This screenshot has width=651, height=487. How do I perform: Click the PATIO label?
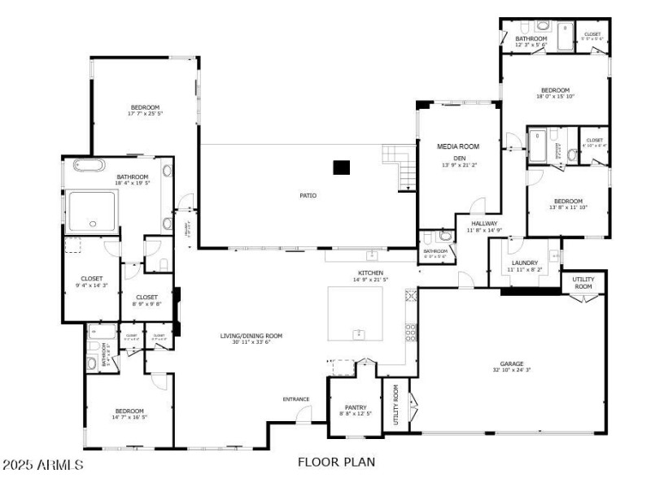click(x=308, y=195)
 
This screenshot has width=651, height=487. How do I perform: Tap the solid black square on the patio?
click(x=342, y=167)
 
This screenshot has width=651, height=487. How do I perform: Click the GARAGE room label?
click(x=512, y=363)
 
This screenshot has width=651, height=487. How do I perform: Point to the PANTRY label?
click(x=356, y=407)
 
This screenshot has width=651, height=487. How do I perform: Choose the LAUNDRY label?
click(x=524, y=263)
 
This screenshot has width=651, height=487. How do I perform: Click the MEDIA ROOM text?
click(x=458, y=146)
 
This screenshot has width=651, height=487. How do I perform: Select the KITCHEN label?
click(x=370, y=272)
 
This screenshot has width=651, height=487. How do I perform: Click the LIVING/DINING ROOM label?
click(x=251, y=336)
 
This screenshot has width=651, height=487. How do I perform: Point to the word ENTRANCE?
click(x=296, y=399)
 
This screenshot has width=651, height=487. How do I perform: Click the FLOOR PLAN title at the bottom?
click(x=336, y=463)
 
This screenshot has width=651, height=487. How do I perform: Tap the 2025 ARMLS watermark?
click(x=42, y=466)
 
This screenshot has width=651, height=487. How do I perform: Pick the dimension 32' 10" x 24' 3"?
click(x=512, y=371)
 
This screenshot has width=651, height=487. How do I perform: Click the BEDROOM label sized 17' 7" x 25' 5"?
click(x=145, y=107)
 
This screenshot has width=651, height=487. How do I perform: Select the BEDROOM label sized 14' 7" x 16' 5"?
click(x=129, y=411)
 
